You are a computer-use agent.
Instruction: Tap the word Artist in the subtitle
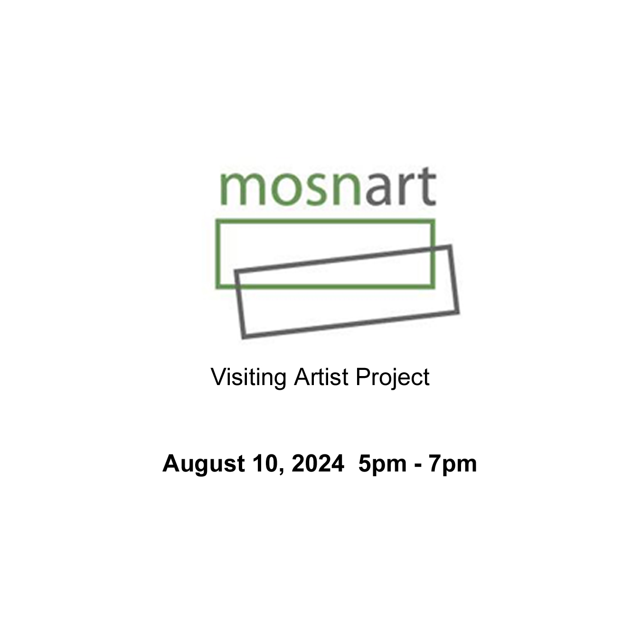[321, 377]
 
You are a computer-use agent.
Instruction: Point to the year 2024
[318, 463]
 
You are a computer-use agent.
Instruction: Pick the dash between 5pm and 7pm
[418, 466]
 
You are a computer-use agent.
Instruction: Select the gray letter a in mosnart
[378, 189]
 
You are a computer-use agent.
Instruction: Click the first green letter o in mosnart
[287, 189]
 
